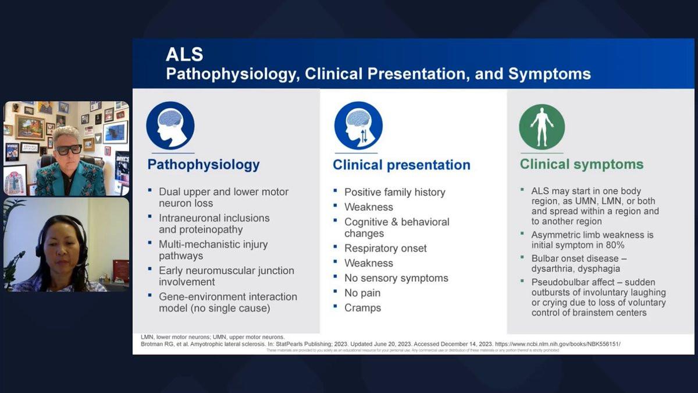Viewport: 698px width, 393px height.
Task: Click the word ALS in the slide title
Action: coord(184,55)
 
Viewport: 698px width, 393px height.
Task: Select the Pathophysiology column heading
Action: coord(204,165)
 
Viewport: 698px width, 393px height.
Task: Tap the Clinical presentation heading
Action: coord(401,165)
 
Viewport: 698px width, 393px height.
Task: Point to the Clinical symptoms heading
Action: coord(582,165)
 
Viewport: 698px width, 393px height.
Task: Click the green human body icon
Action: coord(542,127)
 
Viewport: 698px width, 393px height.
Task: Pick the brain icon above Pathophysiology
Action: coord(170,126)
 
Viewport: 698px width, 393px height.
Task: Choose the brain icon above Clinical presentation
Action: coord(358,126)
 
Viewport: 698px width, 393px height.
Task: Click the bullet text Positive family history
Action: coord(394,192)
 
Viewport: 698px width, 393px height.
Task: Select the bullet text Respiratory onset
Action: coord(385,249)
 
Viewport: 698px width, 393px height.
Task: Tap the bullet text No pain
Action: coord(362,293)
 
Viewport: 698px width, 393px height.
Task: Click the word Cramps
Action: coord(362,308)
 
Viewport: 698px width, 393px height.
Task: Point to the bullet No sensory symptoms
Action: coord(396,278)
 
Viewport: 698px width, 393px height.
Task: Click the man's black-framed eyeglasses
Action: coord(69,149)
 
